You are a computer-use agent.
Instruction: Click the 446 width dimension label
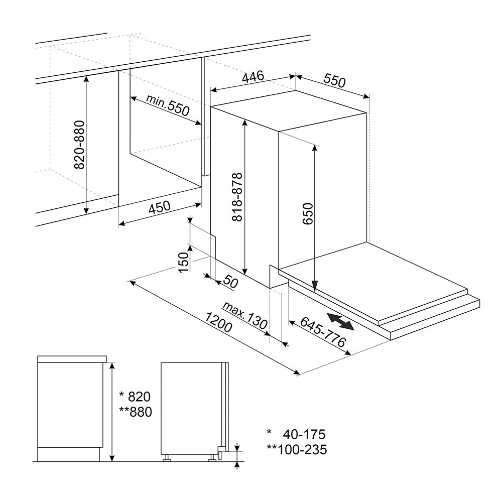tap(253, 77)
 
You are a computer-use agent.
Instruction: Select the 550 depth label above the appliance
tap(334, 80)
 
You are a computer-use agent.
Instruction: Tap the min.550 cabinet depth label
tap(168, 105)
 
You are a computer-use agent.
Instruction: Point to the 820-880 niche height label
tap(79, 145)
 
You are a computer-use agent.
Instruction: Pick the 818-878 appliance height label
tap(237, 197)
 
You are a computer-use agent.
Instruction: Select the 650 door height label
tap(307, 213)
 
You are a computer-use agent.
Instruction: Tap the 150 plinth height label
tap(183, 262)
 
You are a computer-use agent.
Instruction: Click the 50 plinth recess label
tap(230, 282)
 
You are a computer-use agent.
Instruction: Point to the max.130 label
tap(245, 315)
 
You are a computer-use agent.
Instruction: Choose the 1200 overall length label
tap(218, 322)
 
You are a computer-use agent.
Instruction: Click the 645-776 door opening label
tap(323, 332)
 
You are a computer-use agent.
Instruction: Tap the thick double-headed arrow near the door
tap(340, 321)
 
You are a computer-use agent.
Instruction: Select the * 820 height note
tap(135, 397)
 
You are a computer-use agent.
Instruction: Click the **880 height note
tap(136, 412)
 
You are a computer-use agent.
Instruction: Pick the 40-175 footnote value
tap(304, 434)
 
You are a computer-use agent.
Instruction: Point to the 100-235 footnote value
tap(302, 449)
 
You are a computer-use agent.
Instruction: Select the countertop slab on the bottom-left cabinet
tap(72, 359)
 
